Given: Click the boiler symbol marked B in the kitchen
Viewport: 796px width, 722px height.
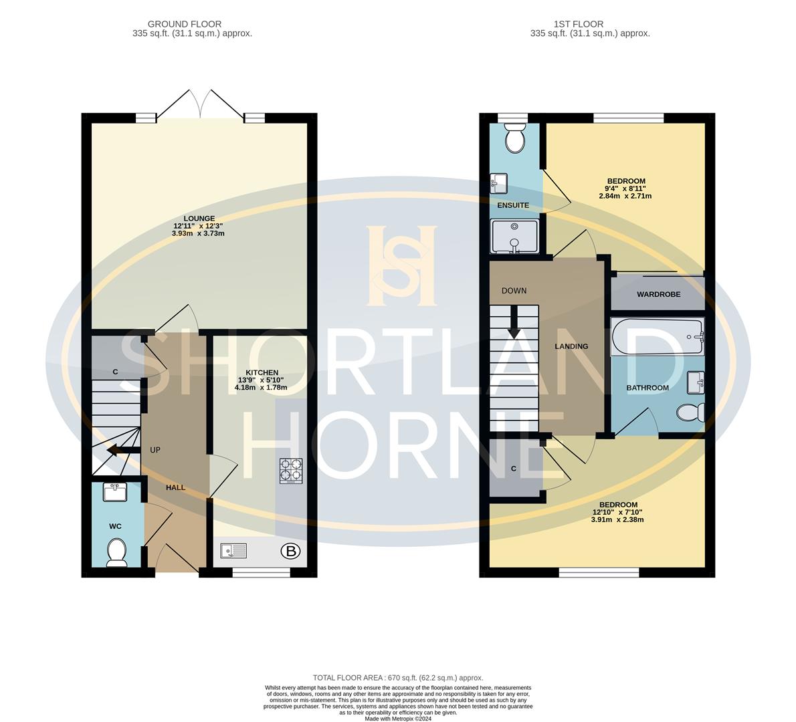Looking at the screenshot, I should pos(290,552).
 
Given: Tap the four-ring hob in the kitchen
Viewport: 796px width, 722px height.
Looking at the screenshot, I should pos(290,470).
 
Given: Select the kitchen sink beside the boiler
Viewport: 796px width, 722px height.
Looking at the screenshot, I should pos(234,551).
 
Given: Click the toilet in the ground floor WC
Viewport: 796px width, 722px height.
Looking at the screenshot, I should pos(116,552).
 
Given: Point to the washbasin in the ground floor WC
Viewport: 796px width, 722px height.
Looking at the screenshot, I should pos(115,493).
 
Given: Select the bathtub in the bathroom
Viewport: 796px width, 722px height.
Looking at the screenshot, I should pos(657,336).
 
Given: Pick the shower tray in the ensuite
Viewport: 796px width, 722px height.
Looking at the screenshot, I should pos(514,237).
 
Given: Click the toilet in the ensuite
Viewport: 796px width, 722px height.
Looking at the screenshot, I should pos(515,139).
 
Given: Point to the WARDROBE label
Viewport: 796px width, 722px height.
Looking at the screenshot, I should pos(658,294).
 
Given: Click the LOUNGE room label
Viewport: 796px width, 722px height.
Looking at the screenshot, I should pos(199,218).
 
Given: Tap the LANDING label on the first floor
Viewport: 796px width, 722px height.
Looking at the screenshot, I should pos(571,346).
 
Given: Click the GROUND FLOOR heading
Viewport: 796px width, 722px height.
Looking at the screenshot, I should pos(185,24).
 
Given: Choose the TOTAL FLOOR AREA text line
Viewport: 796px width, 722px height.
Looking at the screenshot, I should pos(397,677).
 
